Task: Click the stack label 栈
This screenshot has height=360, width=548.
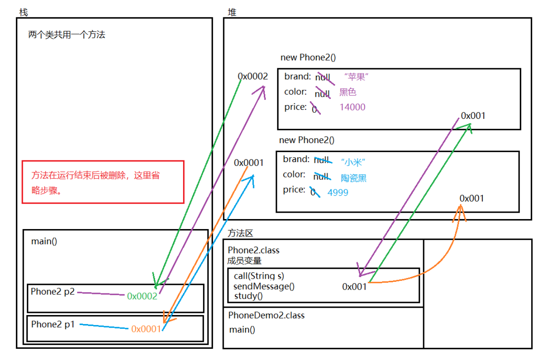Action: coord(23,12)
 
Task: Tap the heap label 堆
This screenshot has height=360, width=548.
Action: coord(231,12)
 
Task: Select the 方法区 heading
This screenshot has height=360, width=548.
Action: coord(240,233)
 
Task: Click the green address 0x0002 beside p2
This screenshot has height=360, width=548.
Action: coord(142,296)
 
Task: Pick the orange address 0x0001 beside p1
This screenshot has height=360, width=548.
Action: coord(146,328)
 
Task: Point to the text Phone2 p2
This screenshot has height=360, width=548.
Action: coord(53,291)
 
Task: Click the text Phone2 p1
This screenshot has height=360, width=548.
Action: coord(53,324)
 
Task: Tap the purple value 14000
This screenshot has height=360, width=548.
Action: coord(352,107)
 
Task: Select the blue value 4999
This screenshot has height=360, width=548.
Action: coord(338,192)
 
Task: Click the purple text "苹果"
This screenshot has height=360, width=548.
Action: coord(356,77)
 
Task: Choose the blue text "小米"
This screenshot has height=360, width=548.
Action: coord(353,162)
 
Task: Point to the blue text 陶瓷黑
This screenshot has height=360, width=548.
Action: coord(354,178)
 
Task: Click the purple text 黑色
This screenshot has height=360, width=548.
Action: coord(348,92)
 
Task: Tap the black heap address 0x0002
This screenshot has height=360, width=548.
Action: coord(253,76)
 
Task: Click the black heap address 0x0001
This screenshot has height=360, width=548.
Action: coord(249,162)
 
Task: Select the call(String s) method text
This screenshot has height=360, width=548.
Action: coord(259,276)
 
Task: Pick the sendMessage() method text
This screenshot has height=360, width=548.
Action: coord(264,286)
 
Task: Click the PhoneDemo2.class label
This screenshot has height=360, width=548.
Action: coord(266,315)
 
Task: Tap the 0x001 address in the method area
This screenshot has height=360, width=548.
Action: coord(354,287)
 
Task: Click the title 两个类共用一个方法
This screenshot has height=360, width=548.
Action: coord(67,35)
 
